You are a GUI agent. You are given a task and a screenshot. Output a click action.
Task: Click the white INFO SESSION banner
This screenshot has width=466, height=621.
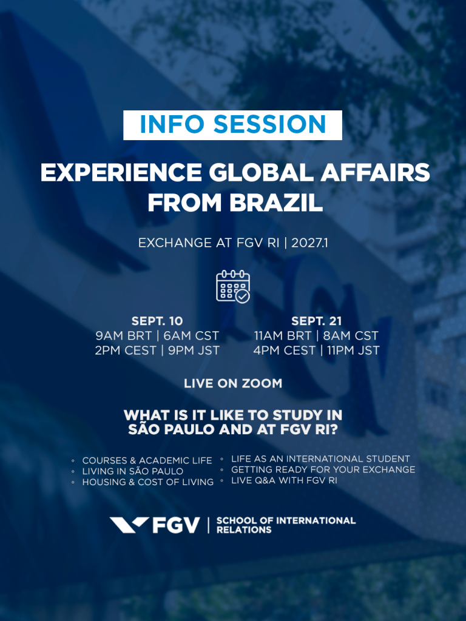point(232,125)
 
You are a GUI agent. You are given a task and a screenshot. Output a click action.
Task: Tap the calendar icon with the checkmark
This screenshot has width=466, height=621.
point(233,286)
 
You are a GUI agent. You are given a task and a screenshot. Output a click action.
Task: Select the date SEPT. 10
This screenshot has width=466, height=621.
point(157,321)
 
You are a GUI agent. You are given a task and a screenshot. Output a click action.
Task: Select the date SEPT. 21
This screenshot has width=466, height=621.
point(316,321)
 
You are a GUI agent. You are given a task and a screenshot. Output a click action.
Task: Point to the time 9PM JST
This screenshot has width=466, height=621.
point(194,351)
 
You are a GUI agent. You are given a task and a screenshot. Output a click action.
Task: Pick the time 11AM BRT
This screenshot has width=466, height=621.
point(283,336)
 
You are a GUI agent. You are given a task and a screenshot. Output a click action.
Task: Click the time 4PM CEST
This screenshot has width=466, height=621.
point(285,351)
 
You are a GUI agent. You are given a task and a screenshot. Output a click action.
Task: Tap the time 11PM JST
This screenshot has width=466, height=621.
point(354,351)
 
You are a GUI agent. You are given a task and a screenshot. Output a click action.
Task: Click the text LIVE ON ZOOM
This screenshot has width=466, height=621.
point(233,383)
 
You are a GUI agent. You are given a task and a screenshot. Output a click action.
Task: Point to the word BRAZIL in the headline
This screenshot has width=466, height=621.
point(276,203)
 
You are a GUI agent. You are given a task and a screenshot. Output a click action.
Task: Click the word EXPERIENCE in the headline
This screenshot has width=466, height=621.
point(121,173)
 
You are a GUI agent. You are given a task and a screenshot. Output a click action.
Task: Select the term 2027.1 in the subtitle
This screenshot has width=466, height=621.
point(309,243)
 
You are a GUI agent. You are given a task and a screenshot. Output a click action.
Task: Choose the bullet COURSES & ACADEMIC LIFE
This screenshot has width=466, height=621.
point(147,461)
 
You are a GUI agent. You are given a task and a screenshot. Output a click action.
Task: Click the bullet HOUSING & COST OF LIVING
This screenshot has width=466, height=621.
point(148,482)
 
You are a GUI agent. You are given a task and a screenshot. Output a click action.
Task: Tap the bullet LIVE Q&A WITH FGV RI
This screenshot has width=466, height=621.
point(284,480)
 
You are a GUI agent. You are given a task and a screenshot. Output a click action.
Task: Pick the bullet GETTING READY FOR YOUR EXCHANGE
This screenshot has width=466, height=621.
point(323,470)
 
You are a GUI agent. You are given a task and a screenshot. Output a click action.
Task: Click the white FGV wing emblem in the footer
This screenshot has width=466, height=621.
point(129,525)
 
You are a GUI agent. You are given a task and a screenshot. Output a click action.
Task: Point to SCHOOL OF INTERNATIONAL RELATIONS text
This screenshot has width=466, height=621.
point(286,525)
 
